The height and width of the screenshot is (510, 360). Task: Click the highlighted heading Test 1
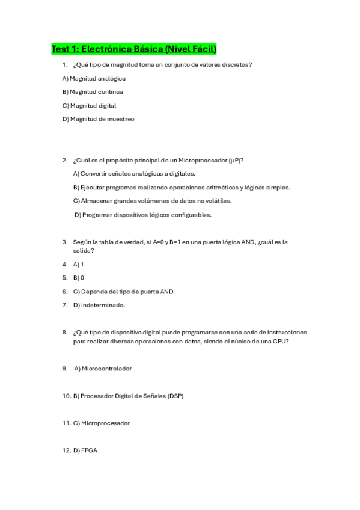point(133,49)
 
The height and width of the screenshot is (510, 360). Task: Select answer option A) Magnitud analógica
point(94,78)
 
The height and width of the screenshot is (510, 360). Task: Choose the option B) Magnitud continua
point(93,92)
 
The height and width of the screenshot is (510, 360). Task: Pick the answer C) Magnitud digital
point(89,106)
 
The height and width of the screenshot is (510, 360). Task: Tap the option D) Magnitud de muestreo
point(98,119)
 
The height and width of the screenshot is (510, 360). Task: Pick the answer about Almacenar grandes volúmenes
point(151,201)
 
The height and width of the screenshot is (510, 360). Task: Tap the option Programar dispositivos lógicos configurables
point(143,215)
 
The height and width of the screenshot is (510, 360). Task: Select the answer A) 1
point(78,264)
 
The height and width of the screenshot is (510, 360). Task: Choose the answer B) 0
point(78,278)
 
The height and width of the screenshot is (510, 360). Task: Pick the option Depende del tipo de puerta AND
point(124,292)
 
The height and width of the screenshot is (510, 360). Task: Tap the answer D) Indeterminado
point(99,306)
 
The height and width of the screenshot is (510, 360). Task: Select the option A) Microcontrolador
point(103,369)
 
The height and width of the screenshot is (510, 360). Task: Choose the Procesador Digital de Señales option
point(129,396)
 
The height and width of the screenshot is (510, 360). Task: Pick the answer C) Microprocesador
point(101,423)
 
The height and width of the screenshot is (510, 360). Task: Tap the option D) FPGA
point(85,450)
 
